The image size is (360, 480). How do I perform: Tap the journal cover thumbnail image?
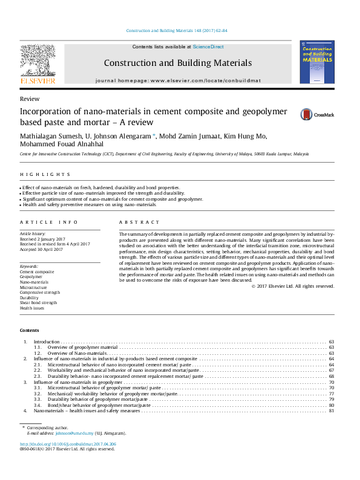tap(317, 62)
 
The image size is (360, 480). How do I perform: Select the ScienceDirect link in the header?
tap(209, 47)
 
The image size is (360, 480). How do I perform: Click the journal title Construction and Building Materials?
tap(177, 63)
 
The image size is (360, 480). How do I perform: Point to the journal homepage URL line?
tap(177, 80)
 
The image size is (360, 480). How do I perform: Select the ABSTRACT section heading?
tap(134, 222)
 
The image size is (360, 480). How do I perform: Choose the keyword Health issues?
tap(33, 308)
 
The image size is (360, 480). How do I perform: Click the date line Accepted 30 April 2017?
tap(46, 249)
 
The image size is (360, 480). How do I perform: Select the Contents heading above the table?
tap(29, 331)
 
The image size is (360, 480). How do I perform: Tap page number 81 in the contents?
tap(331, 411)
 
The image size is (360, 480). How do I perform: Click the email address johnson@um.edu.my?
tap(74, 433)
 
